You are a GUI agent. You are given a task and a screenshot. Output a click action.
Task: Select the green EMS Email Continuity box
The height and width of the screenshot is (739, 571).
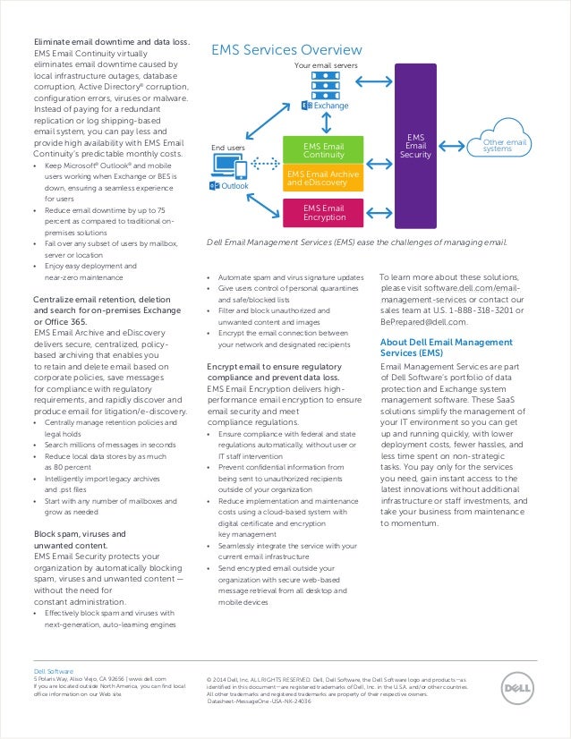coord(323,149)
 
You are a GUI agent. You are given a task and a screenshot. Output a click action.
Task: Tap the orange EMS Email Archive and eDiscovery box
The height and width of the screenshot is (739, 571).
coord(323,179)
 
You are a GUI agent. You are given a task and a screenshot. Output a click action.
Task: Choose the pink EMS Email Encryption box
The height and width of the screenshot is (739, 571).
coord(323,213)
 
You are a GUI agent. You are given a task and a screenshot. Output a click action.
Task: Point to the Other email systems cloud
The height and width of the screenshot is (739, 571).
coord(505,144)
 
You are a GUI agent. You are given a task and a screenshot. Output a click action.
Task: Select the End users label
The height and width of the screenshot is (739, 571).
coord(227,147)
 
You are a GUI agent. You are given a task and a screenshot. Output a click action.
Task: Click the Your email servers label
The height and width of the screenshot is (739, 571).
coord(326,66)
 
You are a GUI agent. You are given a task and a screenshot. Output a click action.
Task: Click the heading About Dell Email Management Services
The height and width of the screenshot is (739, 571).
coord(446,347)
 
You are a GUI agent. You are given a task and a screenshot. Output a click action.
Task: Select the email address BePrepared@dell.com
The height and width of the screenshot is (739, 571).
coord(423,321)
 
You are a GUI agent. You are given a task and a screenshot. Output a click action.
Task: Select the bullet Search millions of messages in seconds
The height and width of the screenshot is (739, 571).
coord(109,445)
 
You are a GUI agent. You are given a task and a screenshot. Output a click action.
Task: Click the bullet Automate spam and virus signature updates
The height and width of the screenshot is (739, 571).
coord(290,278)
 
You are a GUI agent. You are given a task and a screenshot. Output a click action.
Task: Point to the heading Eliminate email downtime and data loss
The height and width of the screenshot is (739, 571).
coord(111,42)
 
